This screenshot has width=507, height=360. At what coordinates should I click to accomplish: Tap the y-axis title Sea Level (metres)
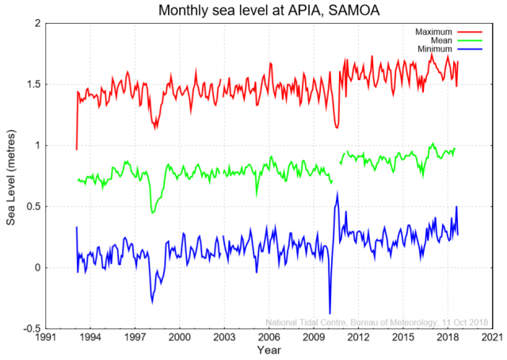tap(11, 175)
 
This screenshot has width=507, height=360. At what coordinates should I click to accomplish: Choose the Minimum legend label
tap(433, 50)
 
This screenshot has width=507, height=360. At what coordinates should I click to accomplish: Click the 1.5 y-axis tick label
tap(31, 85)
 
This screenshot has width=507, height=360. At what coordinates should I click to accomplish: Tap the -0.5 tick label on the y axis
tap(29, 328)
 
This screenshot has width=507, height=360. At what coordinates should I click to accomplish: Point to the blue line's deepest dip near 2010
tap(330, 314)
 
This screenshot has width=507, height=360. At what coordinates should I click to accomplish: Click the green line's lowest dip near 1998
tap(152, 213)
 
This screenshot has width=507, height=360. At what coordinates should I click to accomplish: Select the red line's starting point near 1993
tap(76, 148)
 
